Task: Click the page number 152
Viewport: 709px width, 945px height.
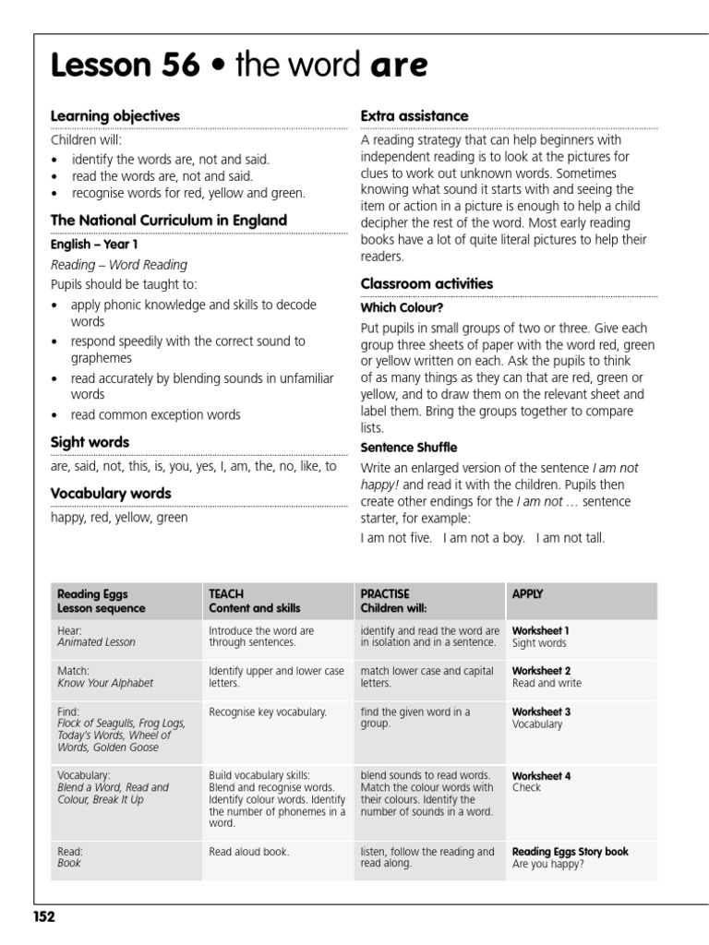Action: [43, 916]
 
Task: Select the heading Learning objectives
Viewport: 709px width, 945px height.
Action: [114, 115]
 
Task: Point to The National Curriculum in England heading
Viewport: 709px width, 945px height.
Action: [168, 221]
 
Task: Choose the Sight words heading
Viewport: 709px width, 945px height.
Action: [90, 442]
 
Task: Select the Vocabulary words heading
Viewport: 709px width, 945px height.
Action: [111, 494]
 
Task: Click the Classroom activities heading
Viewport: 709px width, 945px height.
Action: [427, 283]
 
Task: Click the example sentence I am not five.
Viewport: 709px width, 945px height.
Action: [396, 538]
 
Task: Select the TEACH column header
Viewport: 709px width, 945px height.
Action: [226, 594]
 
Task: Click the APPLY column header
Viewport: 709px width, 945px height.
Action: [527, 594]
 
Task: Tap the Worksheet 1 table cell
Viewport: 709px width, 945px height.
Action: [541, 630]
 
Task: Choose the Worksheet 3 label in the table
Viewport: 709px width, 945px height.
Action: [541, 712]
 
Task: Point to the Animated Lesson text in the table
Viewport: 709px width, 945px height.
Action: [96, 642]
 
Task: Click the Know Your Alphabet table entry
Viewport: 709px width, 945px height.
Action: [105, 683]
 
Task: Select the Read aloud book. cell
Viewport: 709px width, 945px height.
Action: [248, 852]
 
